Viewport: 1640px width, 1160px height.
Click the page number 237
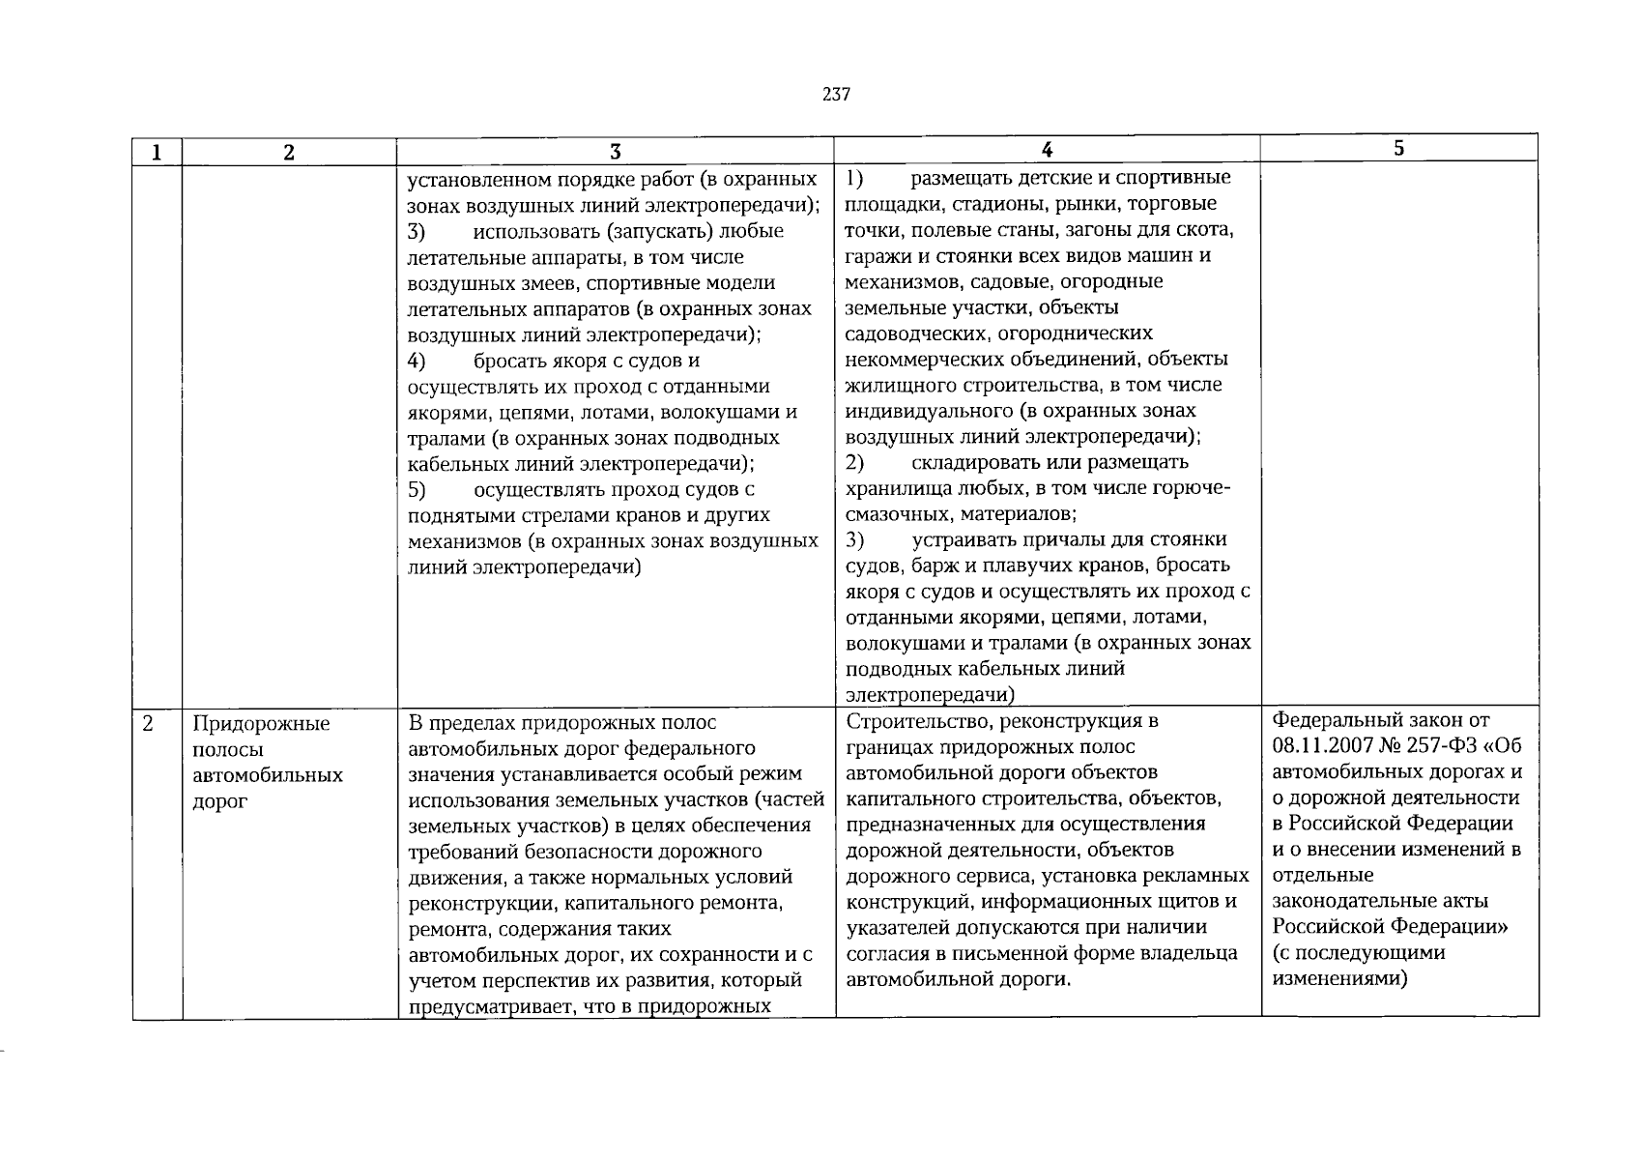(836, 95)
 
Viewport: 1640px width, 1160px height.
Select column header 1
(157, 152)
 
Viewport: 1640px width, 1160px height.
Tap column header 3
(615, 152)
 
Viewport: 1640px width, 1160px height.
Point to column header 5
(1398, 148)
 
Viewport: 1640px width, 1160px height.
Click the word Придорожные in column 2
(261, 724)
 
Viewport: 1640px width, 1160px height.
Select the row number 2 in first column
(147, 723)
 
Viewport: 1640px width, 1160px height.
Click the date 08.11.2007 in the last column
(1323, 746)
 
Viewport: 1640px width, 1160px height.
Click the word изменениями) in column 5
(1339, 978)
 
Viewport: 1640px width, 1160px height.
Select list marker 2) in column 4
(854, 462)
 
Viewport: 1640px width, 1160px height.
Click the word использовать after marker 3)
(532, 231)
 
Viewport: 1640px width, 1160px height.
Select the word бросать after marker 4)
(512, 361)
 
